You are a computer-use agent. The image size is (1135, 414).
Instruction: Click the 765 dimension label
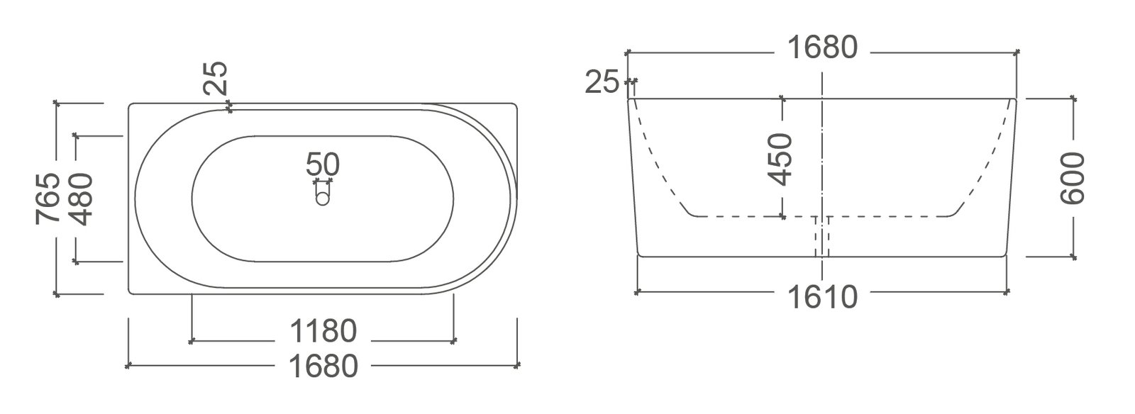(47, 198)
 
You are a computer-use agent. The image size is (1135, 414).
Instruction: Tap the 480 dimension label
(82, 198)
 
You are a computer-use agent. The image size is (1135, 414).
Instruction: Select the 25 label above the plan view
(217, 78)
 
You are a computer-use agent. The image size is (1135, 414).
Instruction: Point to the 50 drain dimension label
(323, 164)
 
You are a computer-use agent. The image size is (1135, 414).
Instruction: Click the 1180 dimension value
(323, 330)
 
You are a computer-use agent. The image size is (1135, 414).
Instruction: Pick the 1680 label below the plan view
(323, 367)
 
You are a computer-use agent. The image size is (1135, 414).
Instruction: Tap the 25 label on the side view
(602, 82)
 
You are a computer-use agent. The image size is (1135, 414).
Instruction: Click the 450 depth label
(781, 159)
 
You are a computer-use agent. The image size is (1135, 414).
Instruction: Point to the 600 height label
(1072, 177)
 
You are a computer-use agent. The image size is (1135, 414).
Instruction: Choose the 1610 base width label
(823, 297)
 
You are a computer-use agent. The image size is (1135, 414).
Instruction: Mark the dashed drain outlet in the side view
(822, 235)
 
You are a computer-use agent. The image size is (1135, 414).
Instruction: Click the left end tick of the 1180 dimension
(192, 341)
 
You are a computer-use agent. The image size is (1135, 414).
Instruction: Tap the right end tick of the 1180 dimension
(454, 341)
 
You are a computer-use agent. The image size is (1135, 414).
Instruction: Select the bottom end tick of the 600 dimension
(1072, 256)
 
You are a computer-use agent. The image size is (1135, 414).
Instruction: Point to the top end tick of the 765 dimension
(57, 103)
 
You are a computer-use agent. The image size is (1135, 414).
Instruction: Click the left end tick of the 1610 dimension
(638, 291)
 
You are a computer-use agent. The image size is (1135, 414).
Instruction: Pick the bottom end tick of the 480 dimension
(77, 262)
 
